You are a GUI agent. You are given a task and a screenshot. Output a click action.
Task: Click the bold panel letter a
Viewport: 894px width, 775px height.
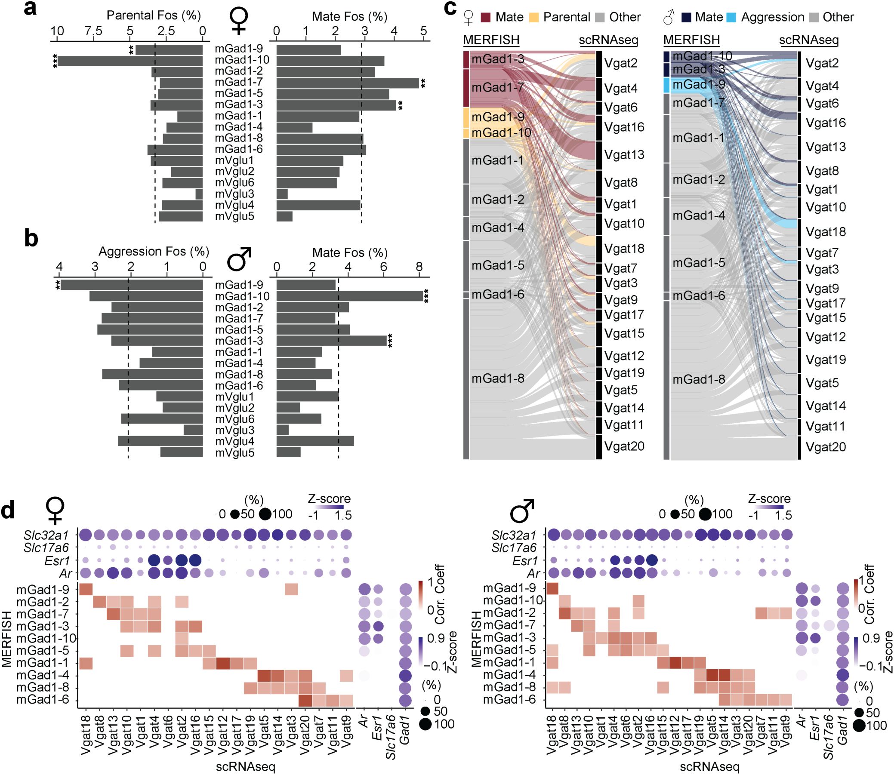coord(30,9)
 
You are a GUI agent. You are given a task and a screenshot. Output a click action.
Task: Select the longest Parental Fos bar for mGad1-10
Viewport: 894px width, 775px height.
coord(130,61)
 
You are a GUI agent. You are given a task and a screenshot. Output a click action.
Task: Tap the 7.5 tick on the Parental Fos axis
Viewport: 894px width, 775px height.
coord(93,31)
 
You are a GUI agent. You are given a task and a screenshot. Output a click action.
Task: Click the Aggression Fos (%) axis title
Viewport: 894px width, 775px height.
coord(154,252)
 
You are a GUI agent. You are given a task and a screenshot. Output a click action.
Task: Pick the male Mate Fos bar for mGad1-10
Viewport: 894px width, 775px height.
coord(349,296)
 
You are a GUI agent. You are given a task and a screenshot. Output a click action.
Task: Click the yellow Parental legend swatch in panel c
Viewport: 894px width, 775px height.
coord(534,18)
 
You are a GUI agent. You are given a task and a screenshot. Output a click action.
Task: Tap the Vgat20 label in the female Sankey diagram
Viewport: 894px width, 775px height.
coord(624,446)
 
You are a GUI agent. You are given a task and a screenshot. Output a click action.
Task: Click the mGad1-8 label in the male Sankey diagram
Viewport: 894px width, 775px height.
coord(698,379)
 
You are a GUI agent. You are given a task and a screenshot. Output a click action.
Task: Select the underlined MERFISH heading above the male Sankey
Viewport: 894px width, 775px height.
coord(691,40)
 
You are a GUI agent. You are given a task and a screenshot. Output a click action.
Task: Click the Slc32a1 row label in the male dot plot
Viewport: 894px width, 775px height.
coord(513,535)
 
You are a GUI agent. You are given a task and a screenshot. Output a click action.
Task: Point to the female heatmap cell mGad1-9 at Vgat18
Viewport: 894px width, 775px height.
coord(86,589)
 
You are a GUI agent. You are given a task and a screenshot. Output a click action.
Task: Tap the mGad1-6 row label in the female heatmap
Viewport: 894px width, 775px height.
coord(43,700)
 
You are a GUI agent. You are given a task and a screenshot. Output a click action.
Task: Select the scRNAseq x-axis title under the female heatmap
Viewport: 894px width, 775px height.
coord(246,766)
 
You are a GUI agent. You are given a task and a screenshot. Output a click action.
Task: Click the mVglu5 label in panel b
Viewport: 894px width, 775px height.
coord(234,453)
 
